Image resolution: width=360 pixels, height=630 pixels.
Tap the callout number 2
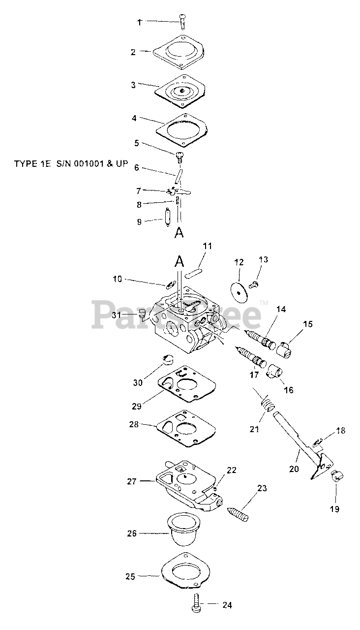[133, 52]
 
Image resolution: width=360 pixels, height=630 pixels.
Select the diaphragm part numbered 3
[182, 91]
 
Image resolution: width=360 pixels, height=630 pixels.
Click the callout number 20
[294, 469]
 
